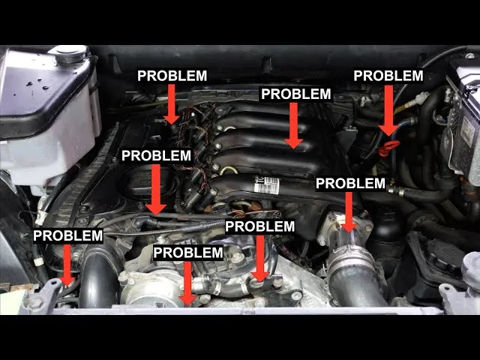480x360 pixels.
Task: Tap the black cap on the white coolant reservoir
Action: pos(68,54)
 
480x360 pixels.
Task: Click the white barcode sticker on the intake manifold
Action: pos(266,184)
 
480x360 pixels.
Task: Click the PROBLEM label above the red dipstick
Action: pos(388,76)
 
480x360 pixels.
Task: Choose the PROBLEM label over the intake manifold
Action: pos(295,94)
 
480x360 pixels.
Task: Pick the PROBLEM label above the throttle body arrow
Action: pos(350,183)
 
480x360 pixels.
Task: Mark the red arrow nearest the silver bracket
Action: pos(67,263)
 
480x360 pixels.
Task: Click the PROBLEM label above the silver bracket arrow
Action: pos(67,235)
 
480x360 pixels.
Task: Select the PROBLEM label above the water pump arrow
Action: pos(188,253)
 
